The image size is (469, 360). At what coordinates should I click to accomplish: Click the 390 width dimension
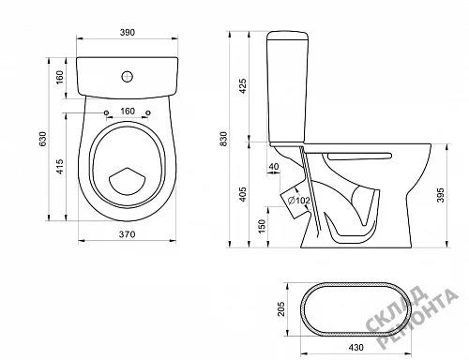click(128, 32)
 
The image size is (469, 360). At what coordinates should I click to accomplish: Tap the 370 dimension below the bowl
click(127, 234)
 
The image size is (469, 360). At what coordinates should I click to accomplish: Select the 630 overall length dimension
click(42, 139)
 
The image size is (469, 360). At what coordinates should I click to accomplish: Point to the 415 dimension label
click(60, 167)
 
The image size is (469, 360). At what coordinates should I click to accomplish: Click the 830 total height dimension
click(223, 139)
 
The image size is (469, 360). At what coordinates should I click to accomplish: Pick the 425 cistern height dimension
click(243, 86)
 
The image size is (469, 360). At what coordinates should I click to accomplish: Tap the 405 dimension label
click(243, 194)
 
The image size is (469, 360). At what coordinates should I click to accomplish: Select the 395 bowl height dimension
click(441, 195)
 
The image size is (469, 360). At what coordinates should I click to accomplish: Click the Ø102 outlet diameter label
click(298, 201)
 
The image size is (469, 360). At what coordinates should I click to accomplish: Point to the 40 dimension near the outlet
click(274, 167)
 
